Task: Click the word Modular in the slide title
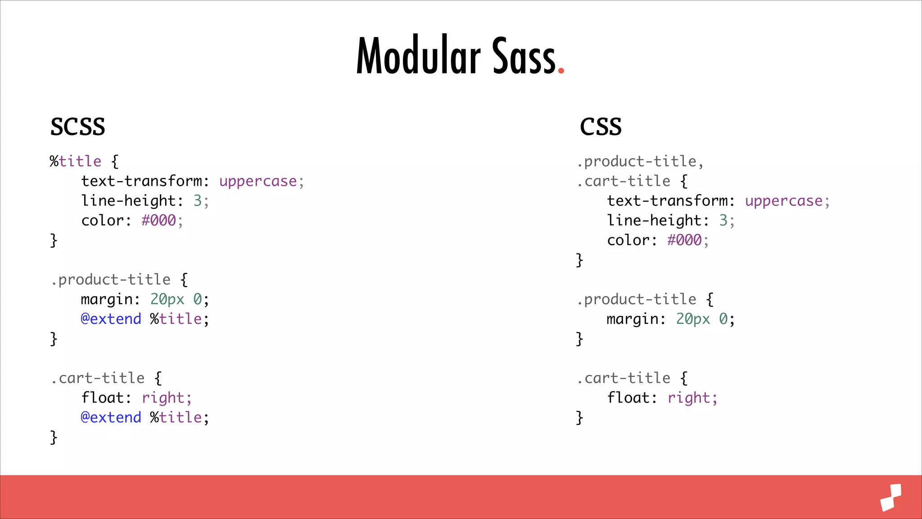[x=419, y=56]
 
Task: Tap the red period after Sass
[x=561, y=70]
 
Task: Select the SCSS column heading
[x=77, y=127]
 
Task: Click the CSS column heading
[x=601, y=127]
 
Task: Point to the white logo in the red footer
[x=891, y=497]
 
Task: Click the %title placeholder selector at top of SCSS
[x=76, y=161]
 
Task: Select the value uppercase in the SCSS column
[x=258, y=181]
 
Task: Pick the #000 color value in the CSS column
[x=684, y=240]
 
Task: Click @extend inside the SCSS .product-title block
[x=111, y=319]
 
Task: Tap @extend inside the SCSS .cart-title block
[x=111, y=418]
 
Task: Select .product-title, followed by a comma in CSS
[x=640, y=161]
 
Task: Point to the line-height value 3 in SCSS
[x=198, y=201]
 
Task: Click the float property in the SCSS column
[x=102, y=398]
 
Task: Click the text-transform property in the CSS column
[x=667, y=201]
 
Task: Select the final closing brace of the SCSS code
[x=54, y=437]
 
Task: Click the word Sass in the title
[x=524, y=56]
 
